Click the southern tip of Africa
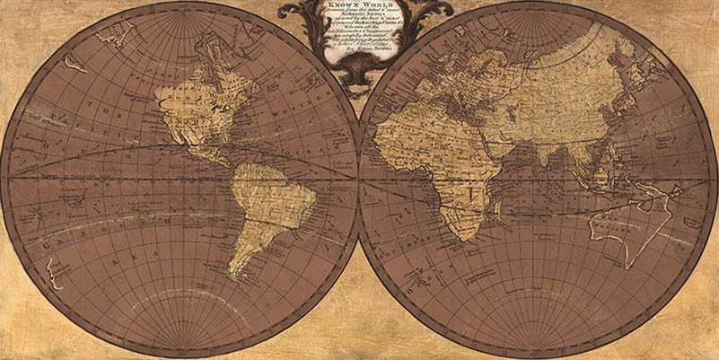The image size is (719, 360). tap(463, 239)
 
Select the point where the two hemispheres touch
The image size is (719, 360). tap(359, 180)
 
